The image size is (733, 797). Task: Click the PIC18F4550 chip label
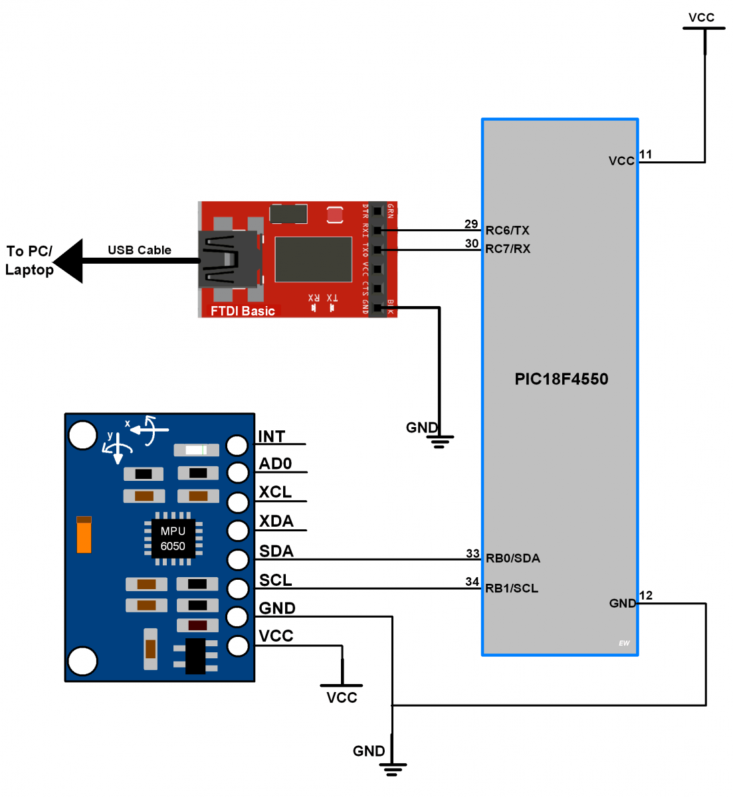point(561,379)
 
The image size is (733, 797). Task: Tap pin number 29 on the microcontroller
point(471,224)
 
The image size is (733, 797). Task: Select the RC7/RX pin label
point(508,249)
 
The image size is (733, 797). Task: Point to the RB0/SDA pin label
point(512,558)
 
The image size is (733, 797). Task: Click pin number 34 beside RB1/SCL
point(472,581)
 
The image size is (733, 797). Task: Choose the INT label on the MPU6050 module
point(271,436)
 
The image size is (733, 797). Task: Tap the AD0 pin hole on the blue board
point(237,472)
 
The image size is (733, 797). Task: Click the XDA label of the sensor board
point(276,521)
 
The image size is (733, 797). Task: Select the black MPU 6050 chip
point(173,539)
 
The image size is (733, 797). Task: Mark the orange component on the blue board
point(84,535)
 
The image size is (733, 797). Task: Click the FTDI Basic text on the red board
point(243,311)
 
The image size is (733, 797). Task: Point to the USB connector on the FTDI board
point(227,259)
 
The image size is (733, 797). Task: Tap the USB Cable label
point(140,250)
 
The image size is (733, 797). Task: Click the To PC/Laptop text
point(29,260)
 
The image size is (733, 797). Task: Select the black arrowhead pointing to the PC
point(69,261)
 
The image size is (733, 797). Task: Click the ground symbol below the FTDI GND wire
point(439,441)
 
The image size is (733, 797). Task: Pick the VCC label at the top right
point(701,17)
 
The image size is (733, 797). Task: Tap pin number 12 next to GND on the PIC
point(646,595)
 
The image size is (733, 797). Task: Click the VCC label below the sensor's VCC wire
point(342,697)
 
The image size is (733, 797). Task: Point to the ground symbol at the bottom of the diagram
point(392,769)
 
